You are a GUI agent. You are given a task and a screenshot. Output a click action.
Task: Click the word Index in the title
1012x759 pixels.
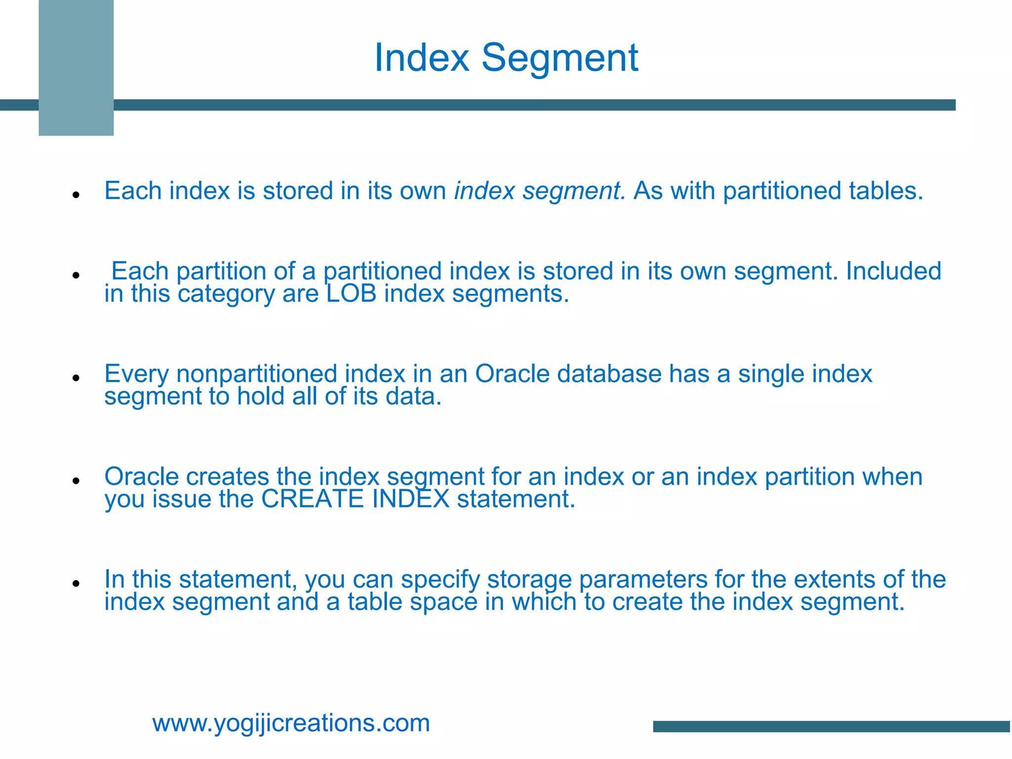point(422,58)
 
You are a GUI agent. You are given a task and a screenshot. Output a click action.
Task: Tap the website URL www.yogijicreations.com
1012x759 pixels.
point(291,723)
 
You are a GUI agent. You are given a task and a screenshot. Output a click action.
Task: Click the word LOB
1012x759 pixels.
point(351,294)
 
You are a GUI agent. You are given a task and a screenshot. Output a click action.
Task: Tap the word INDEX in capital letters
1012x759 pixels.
point(411,499)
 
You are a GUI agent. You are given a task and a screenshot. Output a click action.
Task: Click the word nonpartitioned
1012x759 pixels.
point(256,374)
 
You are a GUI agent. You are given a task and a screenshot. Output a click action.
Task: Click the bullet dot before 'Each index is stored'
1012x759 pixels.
point(76,195)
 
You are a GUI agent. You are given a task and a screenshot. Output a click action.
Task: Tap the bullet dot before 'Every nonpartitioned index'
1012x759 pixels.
point(76,378)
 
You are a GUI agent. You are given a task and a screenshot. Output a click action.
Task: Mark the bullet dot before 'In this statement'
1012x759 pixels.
point(76,584)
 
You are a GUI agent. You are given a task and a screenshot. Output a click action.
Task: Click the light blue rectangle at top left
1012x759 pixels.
point(76,68)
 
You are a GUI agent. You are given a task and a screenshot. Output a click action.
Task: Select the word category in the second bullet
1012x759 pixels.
point(226,295)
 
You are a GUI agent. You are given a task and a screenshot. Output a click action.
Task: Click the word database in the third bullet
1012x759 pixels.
point(609,374)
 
